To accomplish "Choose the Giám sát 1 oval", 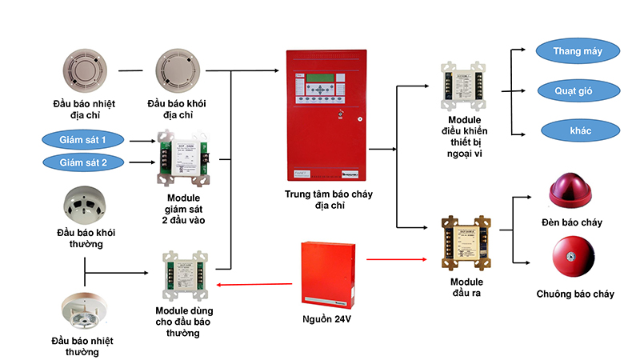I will (82, 140).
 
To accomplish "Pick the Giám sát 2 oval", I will (82, 162).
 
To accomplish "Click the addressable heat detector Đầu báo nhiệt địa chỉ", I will (83, 70).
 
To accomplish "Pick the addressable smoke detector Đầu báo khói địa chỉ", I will (174, 70).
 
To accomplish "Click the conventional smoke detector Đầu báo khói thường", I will (84, 205).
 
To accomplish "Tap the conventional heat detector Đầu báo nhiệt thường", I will (83, 313).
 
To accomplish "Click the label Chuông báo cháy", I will (575, 294).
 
